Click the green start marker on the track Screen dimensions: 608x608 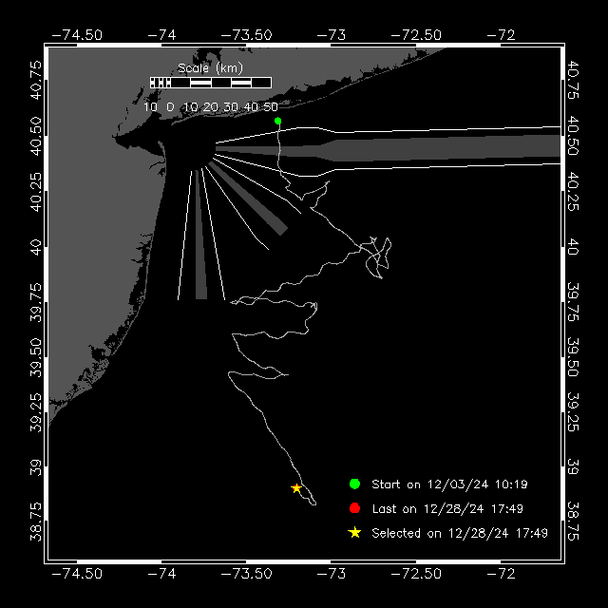[277, 121]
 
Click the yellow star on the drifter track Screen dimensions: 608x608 [296, 488]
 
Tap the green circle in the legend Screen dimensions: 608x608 [354, 484]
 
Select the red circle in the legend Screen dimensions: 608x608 [354, 508]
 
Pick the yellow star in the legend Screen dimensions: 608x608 [354, 533]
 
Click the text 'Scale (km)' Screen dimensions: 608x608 [210, 68]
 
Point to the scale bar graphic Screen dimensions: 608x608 [211, 83]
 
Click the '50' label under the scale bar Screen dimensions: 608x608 [271, 107]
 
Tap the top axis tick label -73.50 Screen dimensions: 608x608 [247, 35]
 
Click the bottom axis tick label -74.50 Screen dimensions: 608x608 [77, 574]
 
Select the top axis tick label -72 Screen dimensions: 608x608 [501, 35]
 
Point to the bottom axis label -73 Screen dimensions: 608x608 [332, 574]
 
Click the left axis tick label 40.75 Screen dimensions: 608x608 [36, 80]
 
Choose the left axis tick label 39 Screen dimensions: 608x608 [36, 467]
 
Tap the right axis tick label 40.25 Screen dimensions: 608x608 [573, 192]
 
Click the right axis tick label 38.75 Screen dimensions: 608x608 [573, 521]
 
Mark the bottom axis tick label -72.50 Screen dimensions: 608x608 [416, 574]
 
